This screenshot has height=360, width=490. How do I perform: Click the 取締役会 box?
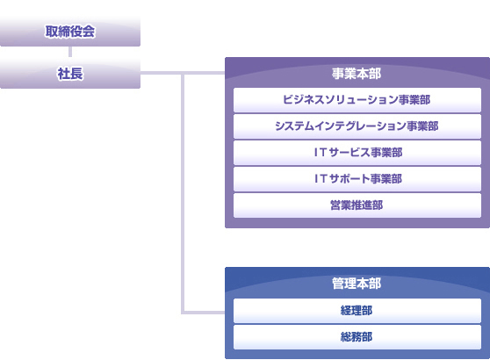pos(70,32)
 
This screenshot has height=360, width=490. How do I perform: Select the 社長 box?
pos(70,74)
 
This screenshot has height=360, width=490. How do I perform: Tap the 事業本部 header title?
pos(357,74)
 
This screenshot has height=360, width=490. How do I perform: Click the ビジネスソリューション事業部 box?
pos(357,100)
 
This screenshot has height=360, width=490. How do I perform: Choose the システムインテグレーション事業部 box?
pos(357,126)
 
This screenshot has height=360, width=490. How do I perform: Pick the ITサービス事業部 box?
pos(357,153)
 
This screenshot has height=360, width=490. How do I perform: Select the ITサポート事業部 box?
pos(357,179)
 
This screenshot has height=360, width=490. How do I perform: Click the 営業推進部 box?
pos(357,205)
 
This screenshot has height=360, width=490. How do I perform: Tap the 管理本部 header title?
pos(357,284)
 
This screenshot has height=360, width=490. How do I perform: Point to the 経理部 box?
pos(357,311)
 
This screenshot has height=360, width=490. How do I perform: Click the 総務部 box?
pos(357,337)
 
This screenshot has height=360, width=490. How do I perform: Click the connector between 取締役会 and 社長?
pos(70,52)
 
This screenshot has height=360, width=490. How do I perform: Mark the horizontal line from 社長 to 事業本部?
pos(183,73)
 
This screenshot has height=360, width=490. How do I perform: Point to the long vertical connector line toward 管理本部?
pos(183,193)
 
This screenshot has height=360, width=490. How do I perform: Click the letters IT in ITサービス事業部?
pos(321,153)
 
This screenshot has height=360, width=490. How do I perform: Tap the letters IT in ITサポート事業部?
pos(321,179)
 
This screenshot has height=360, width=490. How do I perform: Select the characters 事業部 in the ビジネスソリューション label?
pos(414,100)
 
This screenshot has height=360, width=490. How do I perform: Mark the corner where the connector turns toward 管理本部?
pos(183,313)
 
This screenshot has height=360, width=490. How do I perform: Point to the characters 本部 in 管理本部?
pos(369,284)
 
